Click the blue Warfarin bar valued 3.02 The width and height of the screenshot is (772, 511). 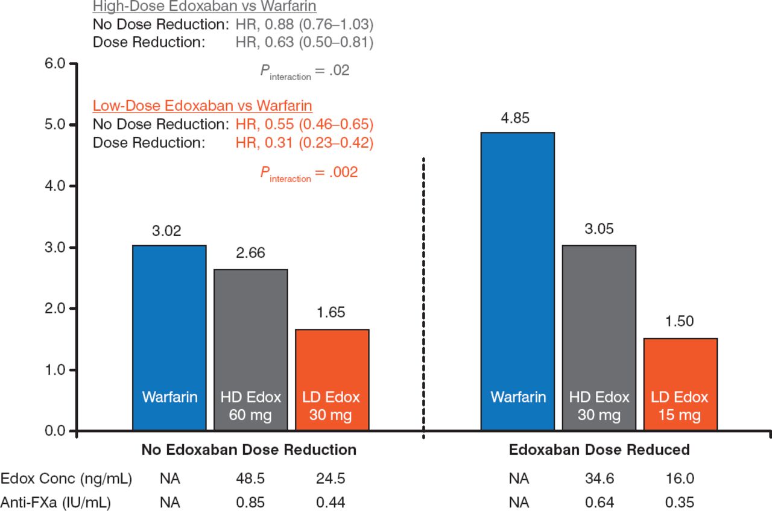(169, 337)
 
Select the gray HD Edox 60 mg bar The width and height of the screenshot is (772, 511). (250, 350)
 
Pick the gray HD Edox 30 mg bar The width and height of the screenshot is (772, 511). (599, 337)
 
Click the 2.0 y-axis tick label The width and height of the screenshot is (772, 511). (54, 309)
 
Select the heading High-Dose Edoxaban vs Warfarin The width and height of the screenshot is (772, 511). (205, 7)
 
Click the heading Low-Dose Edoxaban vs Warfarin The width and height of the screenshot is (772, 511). (202, 107)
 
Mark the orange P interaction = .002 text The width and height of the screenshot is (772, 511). (309, 173)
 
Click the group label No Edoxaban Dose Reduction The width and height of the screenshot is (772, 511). (248, 450)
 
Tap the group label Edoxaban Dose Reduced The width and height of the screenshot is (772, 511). (599, 450)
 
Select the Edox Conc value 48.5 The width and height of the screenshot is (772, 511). (250, 479)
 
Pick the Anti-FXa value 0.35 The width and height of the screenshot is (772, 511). (680, 501)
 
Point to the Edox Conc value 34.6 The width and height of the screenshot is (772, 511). (599, 479)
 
